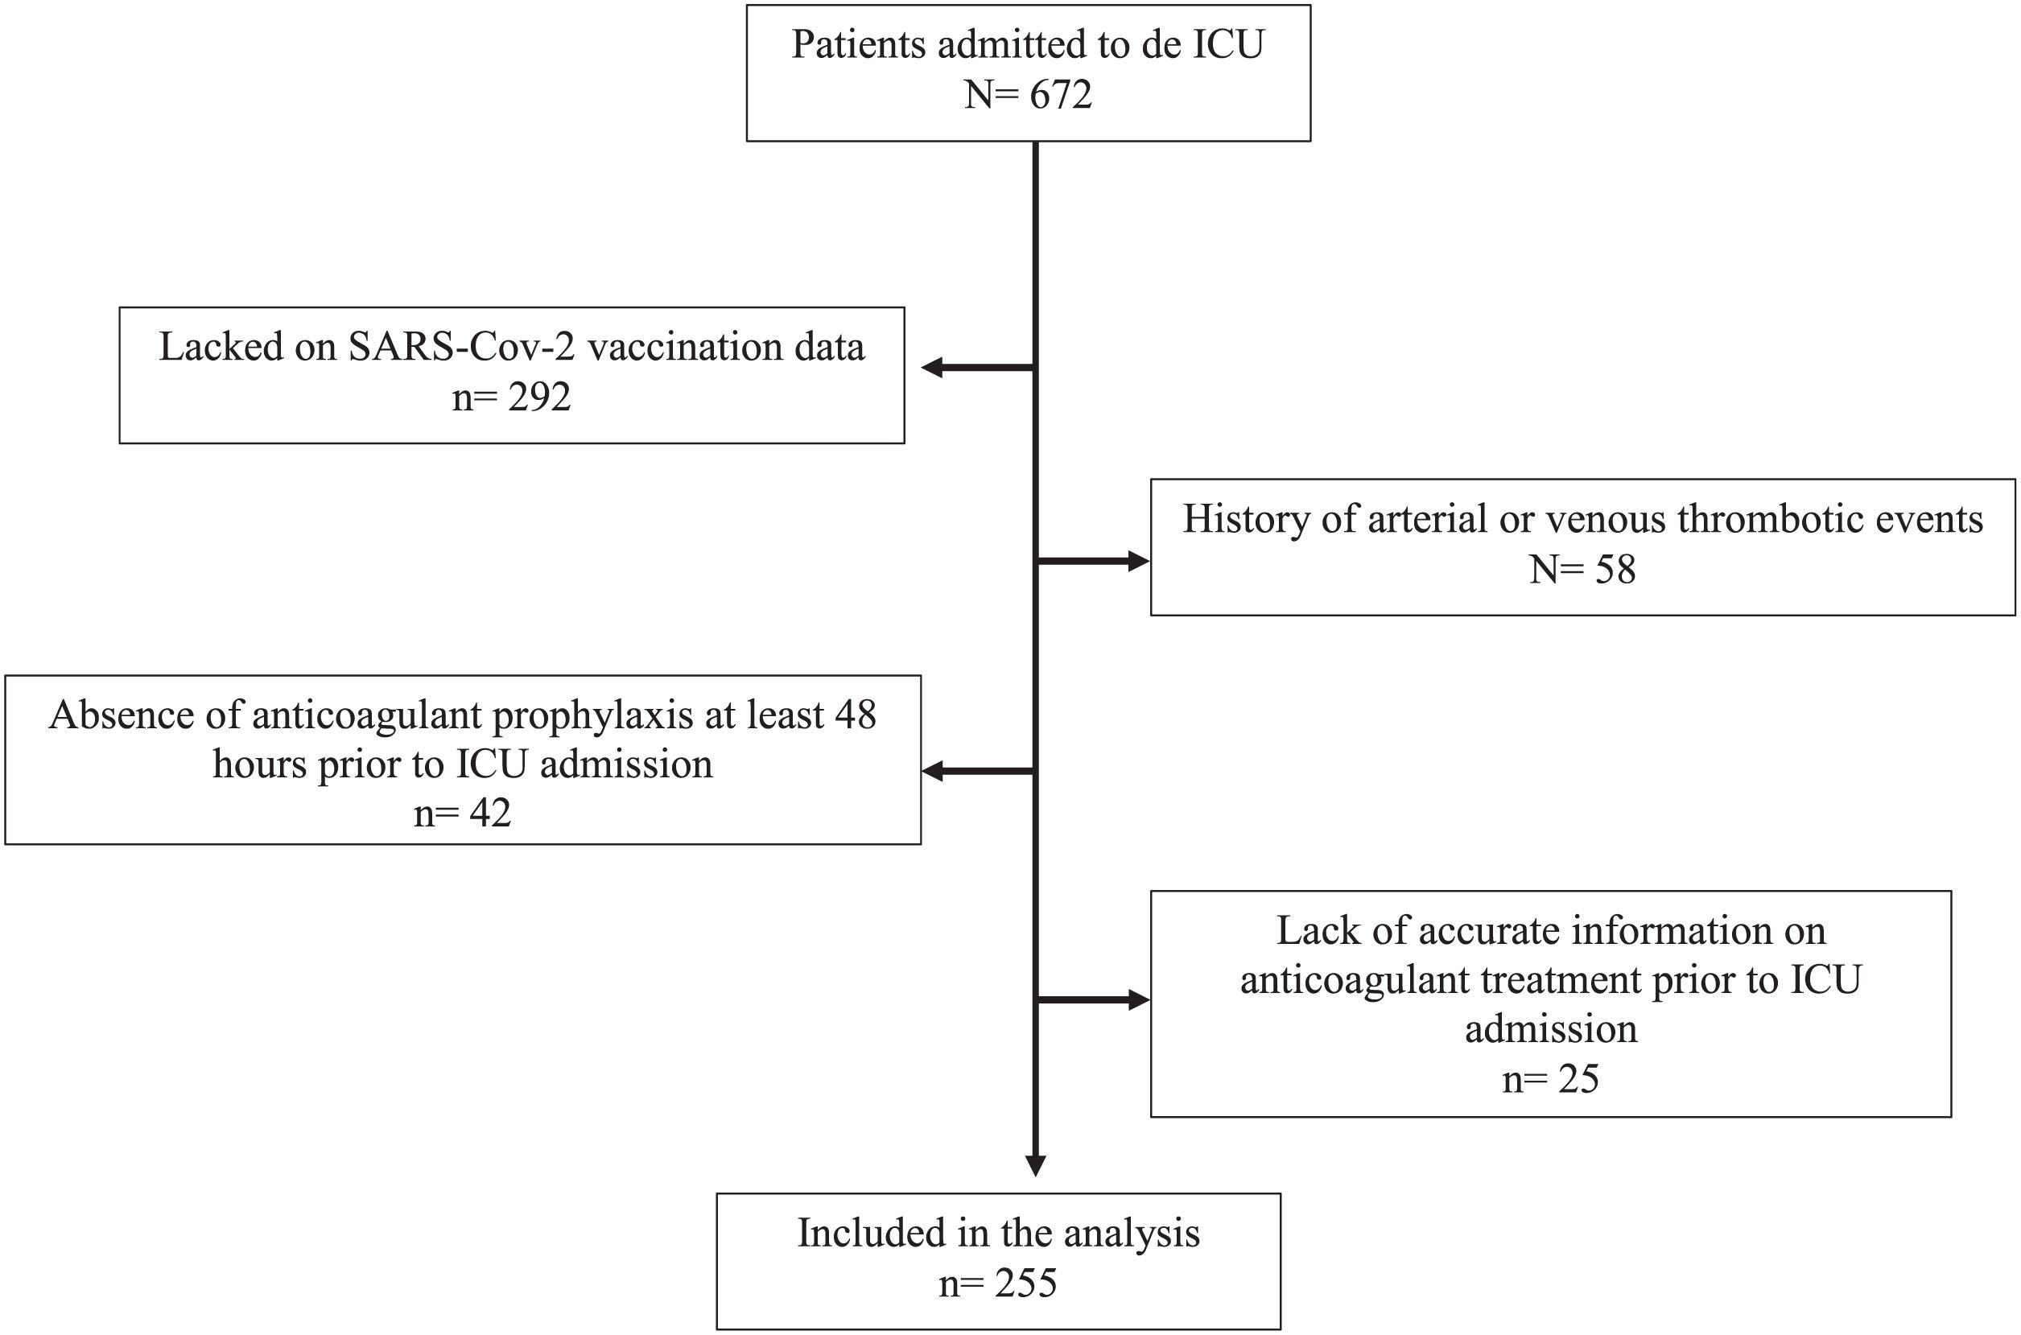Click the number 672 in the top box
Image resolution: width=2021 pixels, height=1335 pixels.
point(1060,94)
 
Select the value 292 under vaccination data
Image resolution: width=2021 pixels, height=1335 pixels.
point(540,397)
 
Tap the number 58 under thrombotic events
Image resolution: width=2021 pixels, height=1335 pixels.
point(1615,569)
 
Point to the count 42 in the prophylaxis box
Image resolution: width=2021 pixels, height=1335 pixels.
point(490,813)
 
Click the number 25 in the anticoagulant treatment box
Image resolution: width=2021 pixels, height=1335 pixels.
point(1578,1079)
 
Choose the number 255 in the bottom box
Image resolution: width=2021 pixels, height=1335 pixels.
point(1026,1283)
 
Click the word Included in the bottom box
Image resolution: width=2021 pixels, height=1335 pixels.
point(871,1233)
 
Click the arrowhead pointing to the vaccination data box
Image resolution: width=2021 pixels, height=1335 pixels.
point(932,368)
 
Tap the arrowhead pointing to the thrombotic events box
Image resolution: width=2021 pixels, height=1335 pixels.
point(1139,561)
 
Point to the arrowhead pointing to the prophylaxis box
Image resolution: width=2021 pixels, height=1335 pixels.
point(932,772)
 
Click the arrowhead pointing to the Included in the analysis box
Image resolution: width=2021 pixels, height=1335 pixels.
point(1035,1165)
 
